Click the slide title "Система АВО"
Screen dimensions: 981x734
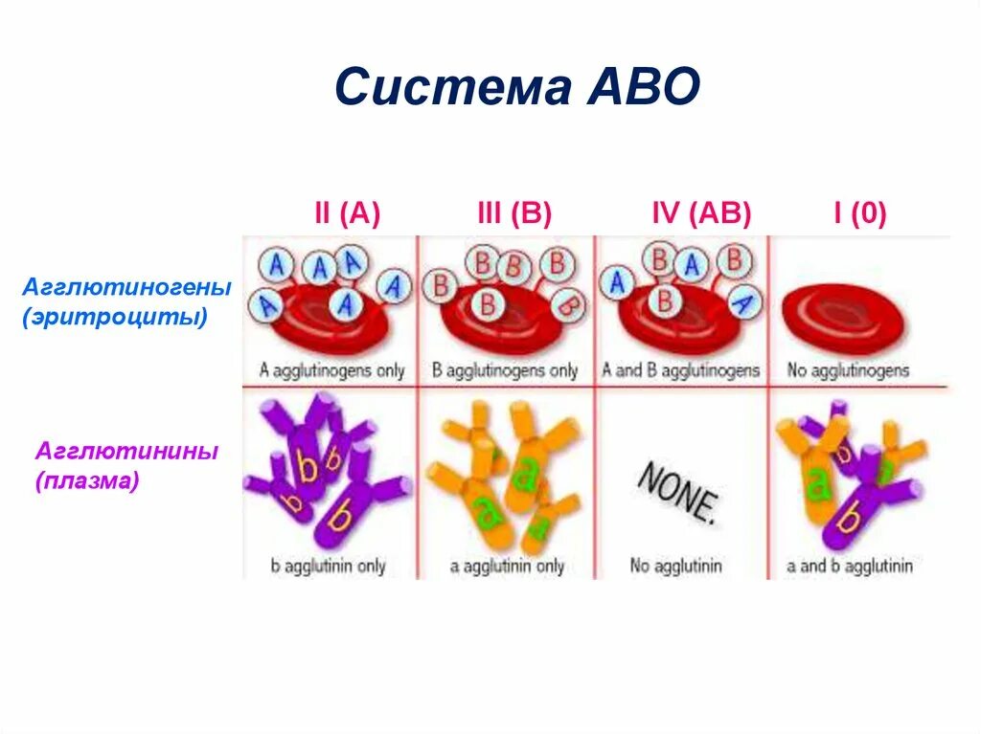518,88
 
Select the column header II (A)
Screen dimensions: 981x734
347,213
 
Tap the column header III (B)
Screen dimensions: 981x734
514,213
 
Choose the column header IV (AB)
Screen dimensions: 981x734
700,213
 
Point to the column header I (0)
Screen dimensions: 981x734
859,213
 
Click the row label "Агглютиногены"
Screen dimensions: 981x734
127,287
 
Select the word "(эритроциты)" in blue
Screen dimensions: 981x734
115,316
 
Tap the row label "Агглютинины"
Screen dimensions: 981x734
126,451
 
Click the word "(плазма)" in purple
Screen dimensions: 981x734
88,480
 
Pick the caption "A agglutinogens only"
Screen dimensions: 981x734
331,369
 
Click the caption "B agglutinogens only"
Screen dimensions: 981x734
505,369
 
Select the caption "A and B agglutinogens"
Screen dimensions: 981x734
680,369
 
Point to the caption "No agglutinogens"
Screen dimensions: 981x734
848,369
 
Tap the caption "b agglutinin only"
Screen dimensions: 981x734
328,566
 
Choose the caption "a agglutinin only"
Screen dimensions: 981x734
507,566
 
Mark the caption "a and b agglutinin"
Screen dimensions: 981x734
850,566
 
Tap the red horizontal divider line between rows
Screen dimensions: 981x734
594,387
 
